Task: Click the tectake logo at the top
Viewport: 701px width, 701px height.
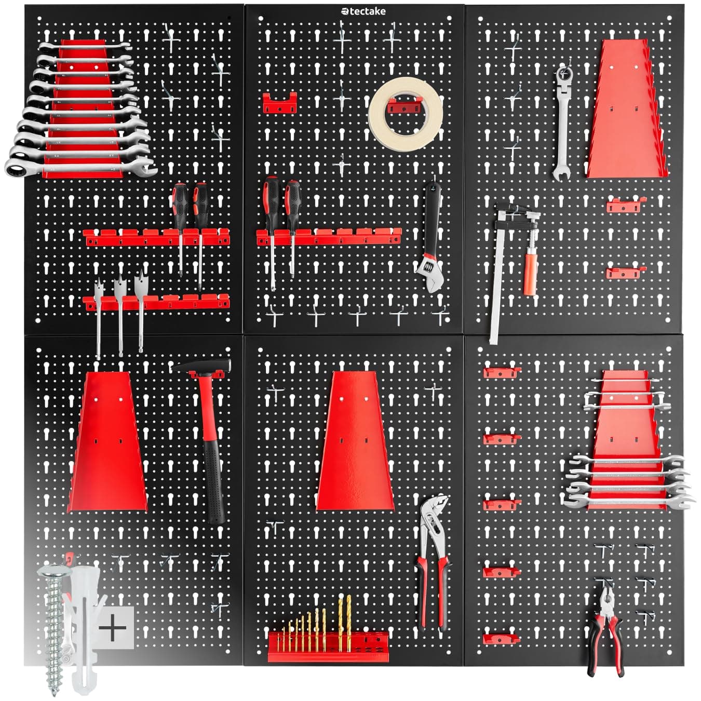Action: tap(363, 11)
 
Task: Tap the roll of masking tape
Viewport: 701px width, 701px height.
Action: tap(406, 114)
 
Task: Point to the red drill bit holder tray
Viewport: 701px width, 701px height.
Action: tap(328, 647)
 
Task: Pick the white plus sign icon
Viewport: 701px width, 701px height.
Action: tap(112, 628)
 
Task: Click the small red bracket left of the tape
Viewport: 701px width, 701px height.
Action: tap(279, 104)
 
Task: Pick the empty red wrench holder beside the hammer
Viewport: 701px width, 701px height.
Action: tap(107, 441)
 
